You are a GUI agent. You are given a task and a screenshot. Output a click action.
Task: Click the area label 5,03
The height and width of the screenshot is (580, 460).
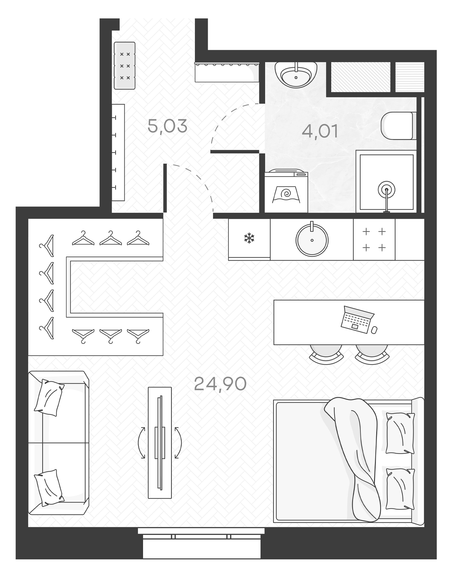pos(167,126)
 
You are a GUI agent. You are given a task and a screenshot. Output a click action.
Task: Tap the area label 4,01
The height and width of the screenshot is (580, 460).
pos(320,131)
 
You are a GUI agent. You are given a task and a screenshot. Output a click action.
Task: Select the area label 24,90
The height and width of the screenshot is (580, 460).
pos(220,383)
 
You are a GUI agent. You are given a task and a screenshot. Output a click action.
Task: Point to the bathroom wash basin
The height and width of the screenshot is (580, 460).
pos(296,75)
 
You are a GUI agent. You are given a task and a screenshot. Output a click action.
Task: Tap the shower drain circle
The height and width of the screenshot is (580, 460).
pos(387,190)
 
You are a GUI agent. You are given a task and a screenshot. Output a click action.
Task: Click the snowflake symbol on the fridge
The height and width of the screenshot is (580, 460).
pos(249,239)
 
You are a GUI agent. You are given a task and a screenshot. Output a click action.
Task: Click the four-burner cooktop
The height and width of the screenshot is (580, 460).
pos(374,239)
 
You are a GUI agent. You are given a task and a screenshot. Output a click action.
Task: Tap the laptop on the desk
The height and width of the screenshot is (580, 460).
pos(357,319)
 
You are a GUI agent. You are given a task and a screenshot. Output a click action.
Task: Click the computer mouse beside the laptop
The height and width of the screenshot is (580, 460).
pos(374,330)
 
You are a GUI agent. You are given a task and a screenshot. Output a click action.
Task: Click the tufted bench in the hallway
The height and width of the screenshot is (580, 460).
pos(125,66)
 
